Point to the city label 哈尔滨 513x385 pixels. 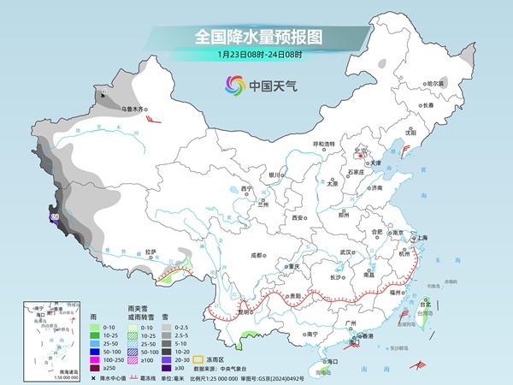point(436,83)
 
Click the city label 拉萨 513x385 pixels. point(151,252)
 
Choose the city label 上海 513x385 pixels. point(422,237)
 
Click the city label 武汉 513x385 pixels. point(345,252)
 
